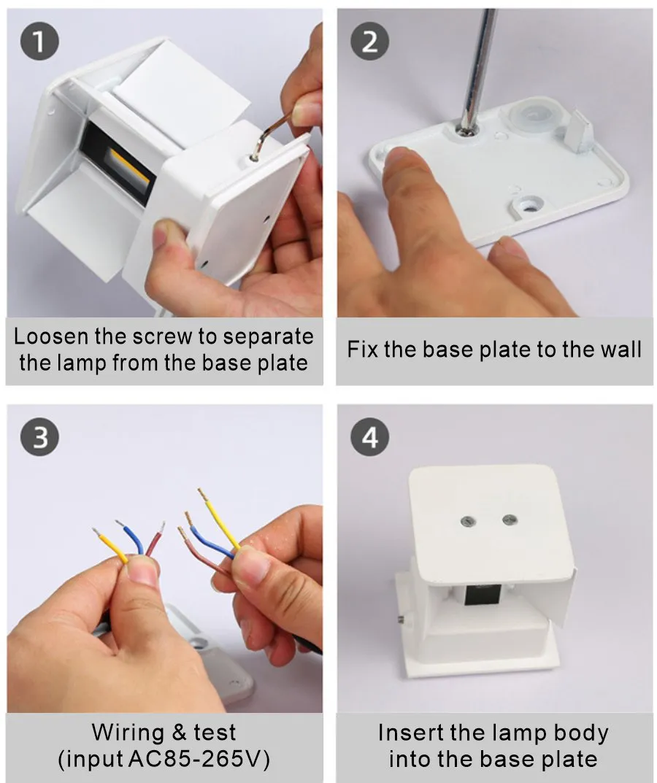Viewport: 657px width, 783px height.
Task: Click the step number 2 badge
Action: (370, 42)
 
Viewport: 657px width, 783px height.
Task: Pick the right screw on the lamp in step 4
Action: (508, 520)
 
